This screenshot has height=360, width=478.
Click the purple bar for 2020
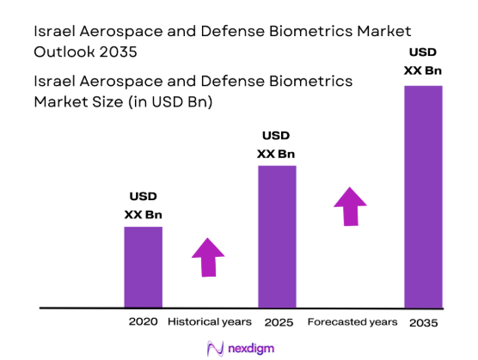pyautogui.click(x=143, y=266)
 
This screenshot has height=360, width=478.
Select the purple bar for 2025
pyautogui.click(x=277, y=236)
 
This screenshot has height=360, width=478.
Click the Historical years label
pyautogui.click(x=209, y=321)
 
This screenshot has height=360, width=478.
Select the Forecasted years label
pyautogui.click(x=352, y=321)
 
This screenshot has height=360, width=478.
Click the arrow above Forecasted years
pyautogui.click(x=350, y=206)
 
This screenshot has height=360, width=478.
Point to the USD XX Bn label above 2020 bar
pyautogui.click(x=143, y=204)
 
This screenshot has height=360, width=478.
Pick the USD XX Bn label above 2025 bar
pyautogui.click(x=276, y=144)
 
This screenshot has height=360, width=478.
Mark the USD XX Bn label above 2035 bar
pyautogui.click(x=423, y=60)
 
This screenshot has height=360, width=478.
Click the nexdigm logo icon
pyautogui.click(x=215, y=347)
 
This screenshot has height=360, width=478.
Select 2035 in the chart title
pyautogui.click(x=117, y=51)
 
